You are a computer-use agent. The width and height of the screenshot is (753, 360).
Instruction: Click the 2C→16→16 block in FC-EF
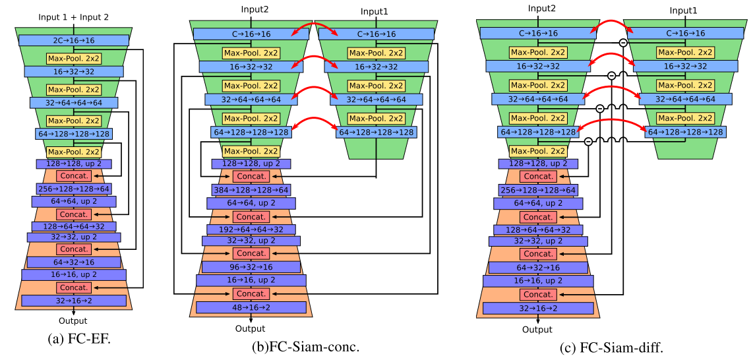point(73,40)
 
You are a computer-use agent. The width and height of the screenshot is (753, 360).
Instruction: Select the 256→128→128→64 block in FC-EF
point(73,189)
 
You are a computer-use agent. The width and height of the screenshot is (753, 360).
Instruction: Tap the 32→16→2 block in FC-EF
point(73,300)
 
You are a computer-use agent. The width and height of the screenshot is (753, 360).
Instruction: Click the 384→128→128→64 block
point(251,190)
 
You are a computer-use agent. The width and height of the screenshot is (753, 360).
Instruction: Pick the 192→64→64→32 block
point(251,229)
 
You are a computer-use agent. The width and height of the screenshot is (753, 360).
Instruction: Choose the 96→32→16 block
point(251,267)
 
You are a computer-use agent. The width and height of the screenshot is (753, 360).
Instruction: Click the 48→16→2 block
point(251,307)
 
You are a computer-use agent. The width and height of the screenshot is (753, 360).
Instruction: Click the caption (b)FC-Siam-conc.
point(305,346)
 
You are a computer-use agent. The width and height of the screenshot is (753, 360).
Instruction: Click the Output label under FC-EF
point(73,321)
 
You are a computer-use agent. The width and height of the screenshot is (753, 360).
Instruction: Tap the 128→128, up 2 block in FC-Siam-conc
point(251,164)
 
